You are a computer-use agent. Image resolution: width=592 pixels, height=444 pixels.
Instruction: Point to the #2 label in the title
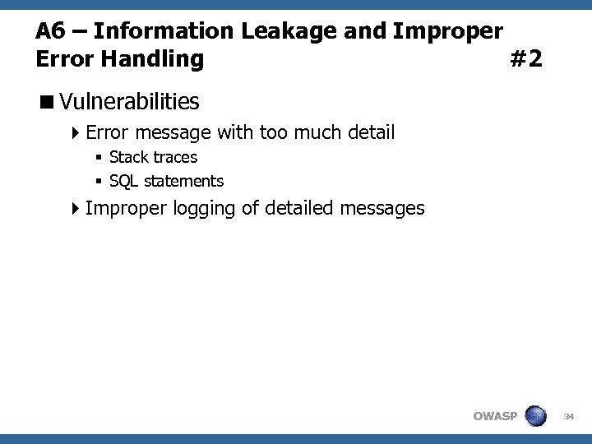pyautogui.click(x=525, y=59)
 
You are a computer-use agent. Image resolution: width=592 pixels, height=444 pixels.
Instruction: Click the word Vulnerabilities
pyautogui.click(x=129, y=102)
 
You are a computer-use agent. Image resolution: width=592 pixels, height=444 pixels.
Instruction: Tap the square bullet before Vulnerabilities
pyautogui.click(x=49, y=103)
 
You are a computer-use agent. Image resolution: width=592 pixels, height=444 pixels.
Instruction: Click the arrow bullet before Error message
pyautogui.click(x=76, y=132)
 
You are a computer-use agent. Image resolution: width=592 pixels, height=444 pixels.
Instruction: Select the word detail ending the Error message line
pyautogui.click(x=368, y=132)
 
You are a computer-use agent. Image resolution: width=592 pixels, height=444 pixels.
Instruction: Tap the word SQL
pyautogui.click(x=123, y=180)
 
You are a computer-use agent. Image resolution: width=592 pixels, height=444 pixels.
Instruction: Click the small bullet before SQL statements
pyautogui.click(x=98, y=181)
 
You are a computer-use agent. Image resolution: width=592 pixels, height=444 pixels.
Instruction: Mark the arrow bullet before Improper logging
pyautogui.click(x=76, y=209)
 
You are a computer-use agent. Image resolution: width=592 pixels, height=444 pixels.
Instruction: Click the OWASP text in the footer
pyautogui.click(x=495, y=416)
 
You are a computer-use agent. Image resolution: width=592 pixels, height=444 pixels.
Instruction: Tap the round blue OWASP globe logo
pyautogui.click(x=536, y=415)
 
